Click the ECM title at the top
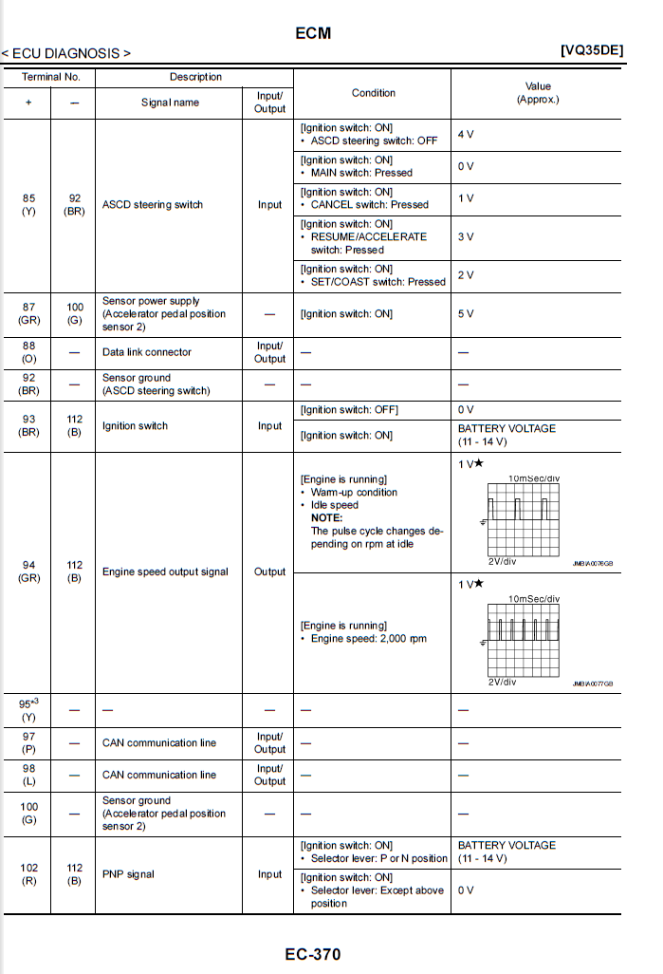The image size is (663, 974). (313, 33)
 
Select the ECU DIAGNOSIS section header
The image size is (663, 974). (66, 53)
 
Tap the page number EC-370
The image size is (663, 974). (312, 953)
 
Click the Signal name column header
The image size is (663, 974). (170, 103)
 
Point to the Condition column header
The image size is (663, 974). (373, 93)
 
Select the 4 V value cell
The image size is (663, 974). (466, 135)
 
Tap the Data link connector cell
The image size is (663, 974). (146, 352)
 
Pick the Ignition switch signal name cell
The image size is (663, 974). (135, 426)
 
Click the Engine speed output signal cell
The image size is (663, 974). (165, 571)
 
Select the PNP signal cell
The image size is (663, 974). (127, 874)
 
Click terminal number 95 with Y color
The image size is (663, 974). (28, 710)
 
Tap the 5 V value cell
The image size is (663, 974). (466, 313)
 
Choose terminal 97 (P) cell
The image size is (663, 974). (28, 742)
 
